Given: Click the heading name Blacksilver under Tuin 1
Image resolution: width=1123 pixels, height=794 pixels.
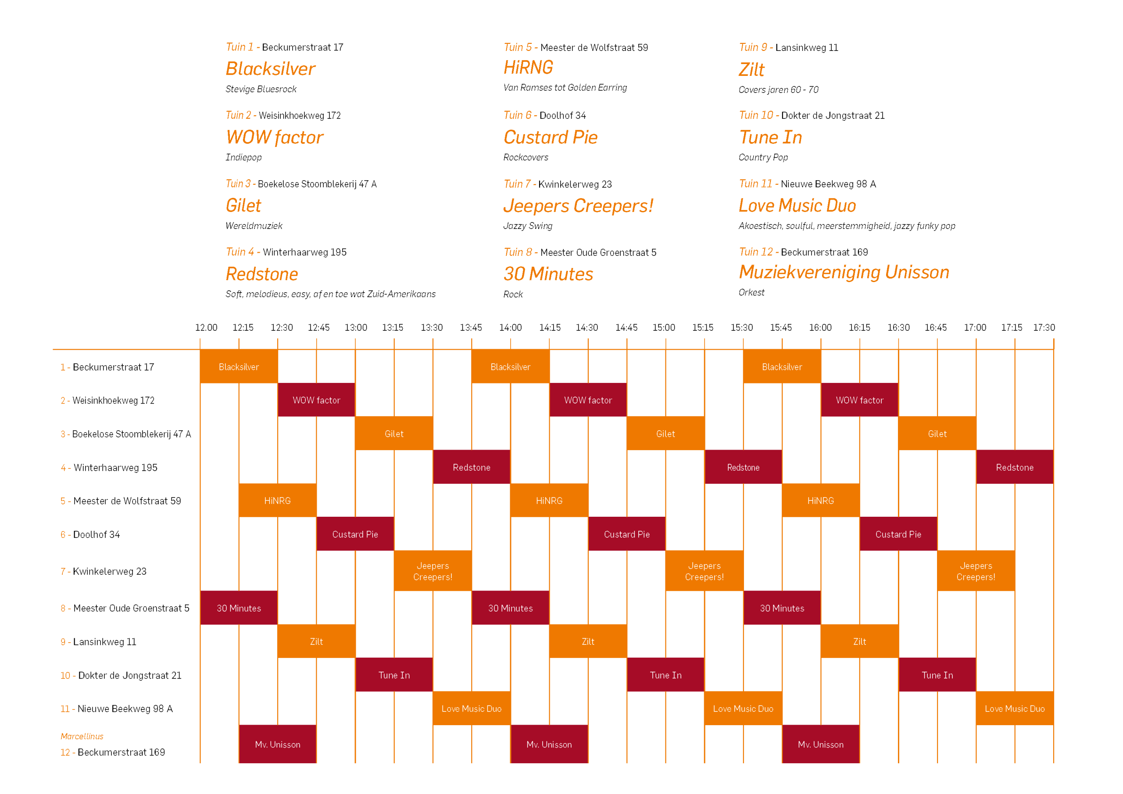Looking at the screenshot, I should coord(271,69).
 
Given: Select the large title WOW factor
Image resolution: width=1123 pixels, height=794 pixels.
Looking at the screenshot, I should coord(275,137).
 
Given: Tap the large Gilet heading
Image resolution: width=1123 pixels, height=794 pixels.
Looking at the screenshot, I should coord(243,205).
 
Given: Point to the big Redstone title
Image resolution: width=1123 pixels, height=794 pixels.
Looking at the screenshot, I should coord(262,274).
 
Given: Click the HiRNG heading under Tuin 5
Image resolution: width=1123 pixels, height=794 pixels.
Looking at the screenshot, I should coord(528,68).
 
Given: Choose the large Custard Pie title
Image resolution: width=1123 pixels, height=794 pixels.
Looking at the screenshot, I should coord(550,137).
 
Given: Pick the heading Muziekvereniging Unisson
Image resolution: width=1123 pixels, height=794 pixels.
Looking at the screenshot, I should coord(844,272).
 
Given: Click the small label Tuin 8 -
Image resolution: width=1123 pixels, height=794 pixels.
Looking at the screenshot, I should coord(520,252).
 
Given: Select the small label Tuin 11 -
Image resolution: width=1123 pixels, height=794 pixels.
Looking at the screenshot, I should coord(758,184).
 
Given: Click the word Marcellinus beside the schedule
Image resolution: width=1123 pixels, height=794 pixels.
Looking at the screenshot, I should coord(82,736).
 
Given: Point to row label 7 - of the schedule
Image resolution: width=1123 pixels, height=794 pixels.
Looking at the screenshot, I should coord(65,572).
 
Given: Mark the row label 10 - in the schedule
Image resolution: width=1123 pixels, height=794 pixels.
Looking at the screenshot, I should coord(68,676).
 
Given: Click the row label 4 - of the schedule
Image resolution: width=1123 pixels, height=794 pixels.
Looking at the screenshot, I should coord(65,468).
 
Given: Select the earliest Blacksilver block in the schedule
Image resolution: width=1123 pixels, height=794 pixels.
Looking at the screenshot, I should coord(239,366).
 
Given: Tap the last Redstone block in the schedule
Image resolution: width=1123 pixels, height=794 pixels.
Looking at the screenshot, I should coord(1014,467).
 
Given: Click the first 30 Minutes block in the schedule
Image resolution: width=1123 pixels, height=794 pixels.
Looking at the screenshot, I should coord(239,608).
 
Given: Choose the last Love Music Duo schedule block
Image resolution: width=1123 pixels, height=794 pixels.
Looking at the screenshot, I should coord(1014,708).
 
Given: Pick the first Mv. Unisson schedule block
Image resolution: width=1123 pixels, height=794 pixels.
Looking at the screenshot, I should coord(277,744).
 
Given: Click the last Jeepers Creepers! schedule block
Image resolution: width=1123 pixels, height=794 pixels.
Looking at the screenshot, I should coord(976,571).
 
